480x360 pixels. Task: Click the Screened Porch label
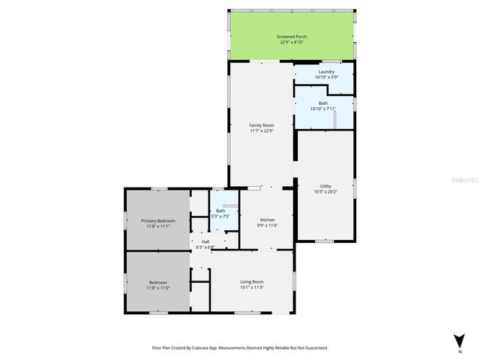pyautogui.click(x=292, y=36)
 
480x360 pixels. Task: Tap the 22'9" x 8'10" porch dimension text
pyautogui.click(x=292, y=42)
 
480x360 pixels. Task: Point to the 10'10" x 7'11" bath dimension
pyautogui.click(x=323, y=109)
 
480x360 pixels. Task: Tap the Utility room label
pyautogui.click(x=325, y=186)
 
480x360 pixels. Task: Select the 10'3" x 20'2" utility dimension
pyautogui.click(x=325, y=192)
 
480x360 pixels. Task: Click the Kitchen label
pyautogui.click(x=268, y=220)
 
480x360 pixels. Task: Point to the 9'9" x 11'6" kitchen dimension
pyautogui.click(x=268, y=226)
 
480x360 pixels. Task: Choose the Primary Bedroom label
pyautogui.click(x=158, y=220)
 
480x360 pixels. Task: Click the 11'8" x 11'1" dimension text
pyautogui.click(x=158, y=226)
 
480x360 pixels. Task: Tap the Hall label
pyautogui.click(x=205, y=241)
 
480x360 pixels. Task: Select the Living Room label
pyautogui.click(x=251, y=280)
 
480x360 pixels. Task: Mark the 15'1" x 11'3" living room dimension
pyautogui.click(x=251, y=286)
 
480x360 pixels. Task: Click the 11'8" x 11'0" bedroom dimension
pyautogui.click(x=158, y=287)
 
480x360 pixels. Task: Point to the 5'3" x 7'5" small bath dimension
pyautogui.click(x=220, y=217)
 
